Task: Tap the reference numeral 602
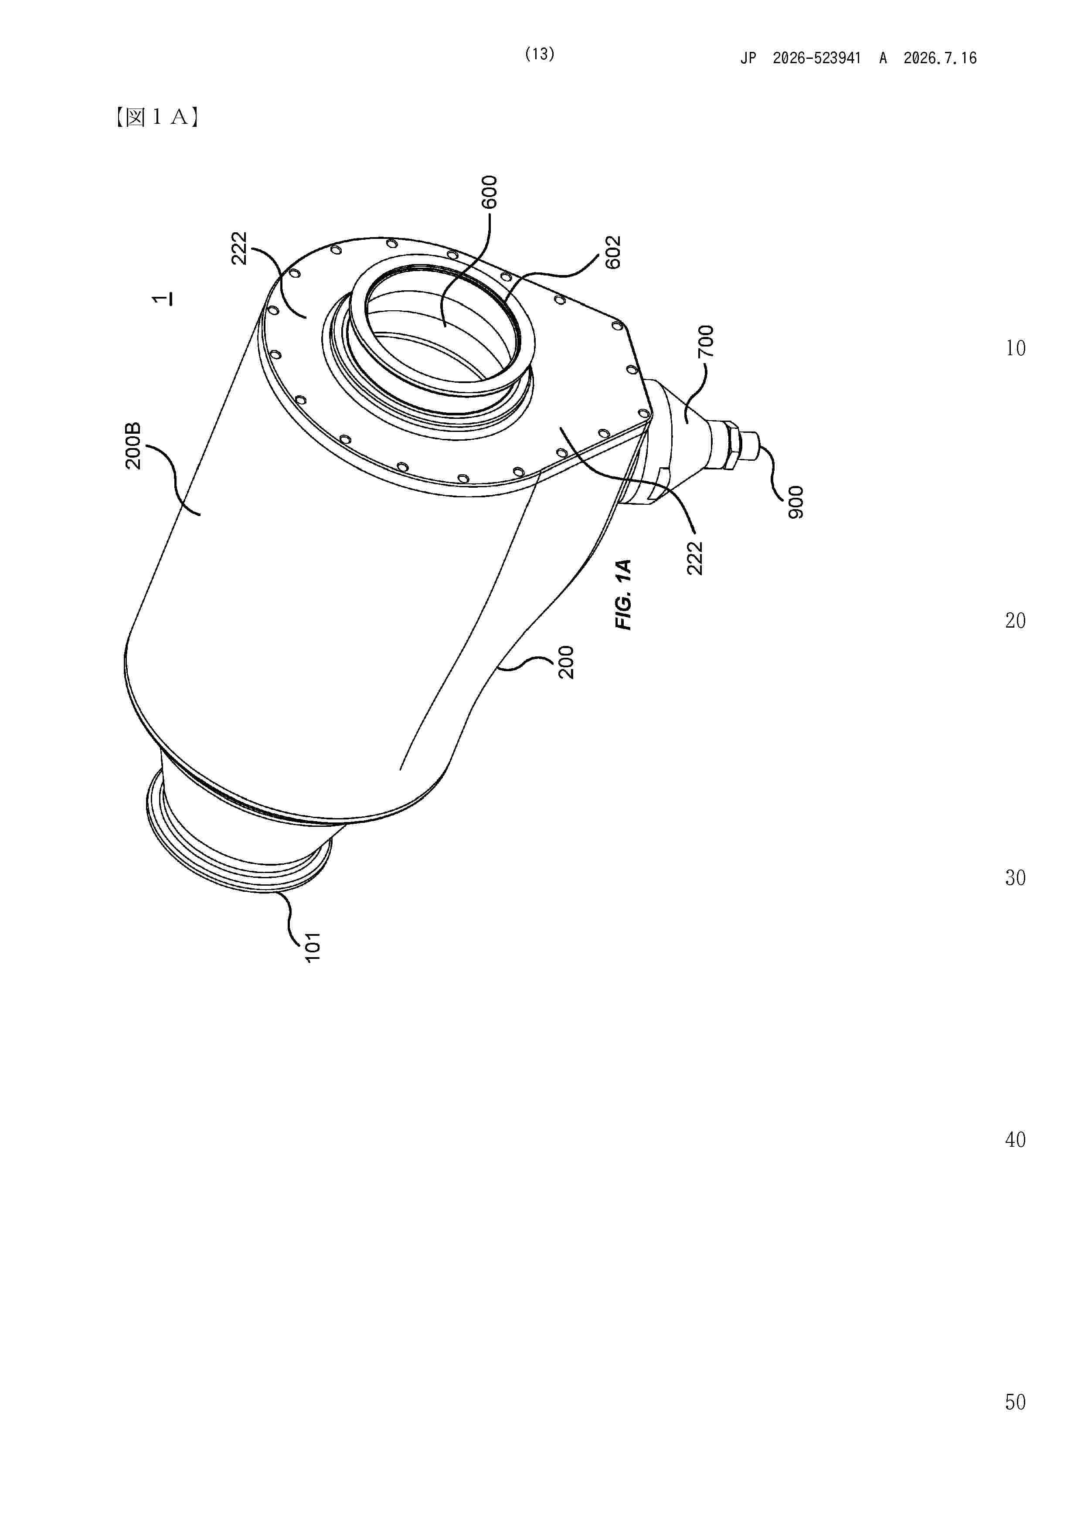613,252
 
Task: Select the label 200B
134,446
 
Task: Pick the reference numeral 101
313,946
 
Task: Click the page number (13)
540,54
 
